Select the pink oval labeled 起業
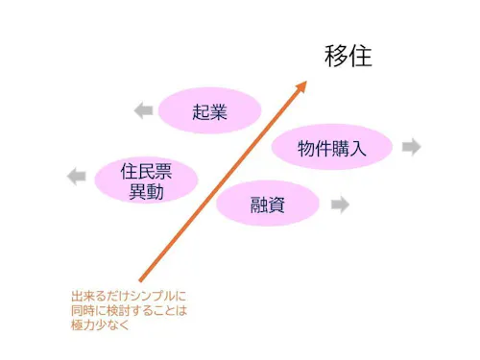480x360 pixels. pyautogui.click(x=209, y=110)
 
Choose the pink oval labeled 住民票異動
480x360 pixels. pyautogui.click(x=147, y=180)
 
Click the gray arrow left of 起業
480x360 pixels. pyautogui.click(x=143, y=110)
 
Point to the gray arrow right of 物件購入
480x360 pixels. pyautogui.click(x=411, y=147)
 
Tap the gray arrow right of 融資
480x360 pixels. pyautogui.click(x=339, y=204)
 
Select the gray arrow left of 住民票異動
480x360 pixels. pyautogui.click(x=77, y=175)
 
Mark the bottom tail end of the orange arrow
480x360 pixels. pyautogui.click(x=140, y=280)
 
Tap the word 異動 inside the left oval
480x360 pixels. pyautogui.click(x=147, y=191)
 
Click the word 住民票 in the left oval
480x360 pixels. pyautogui.click(x=147, y=171)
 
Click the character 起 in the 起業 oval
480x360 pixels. pyautogui.click(x=200, y=110)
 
